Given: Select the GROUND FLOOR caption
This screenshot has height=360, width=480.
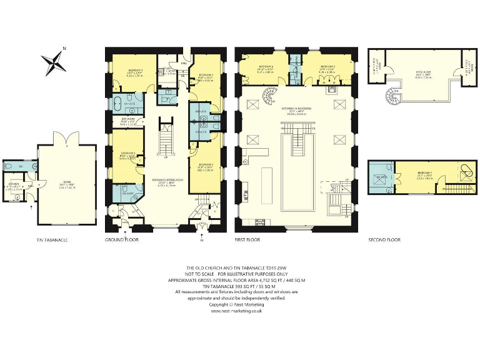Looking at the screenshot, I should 122,239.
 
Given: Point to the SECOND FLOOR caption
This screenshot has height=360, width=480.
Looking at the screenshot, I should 384,239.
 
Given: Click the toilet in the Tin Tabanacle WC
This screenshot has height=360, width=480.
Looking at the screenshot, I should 8,166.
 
